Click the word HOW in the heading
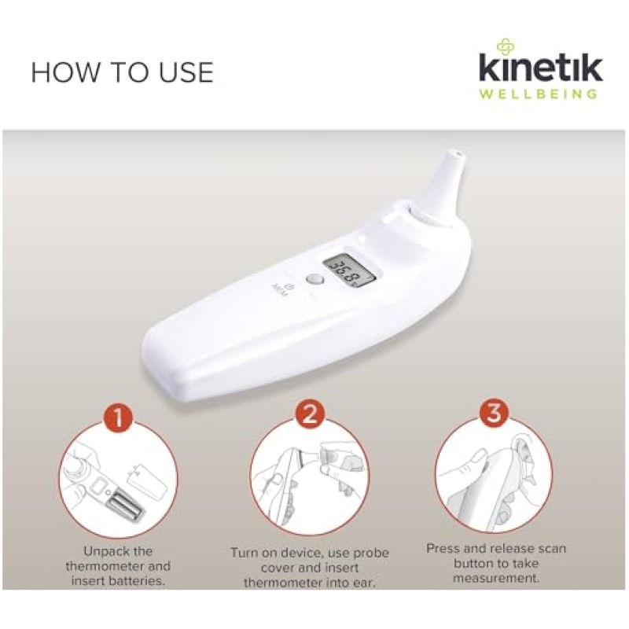[x=65, y=72]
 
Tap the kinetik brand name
[x=540, y=68]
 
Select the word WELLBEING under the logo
[x=538, y=94]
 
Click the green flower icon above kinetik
[x=506, y=46]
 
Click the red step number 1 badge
[x=119, y=417]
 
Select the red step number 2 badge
[x=310, y=414]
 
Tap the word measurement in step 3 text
[x=496, y=579]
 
